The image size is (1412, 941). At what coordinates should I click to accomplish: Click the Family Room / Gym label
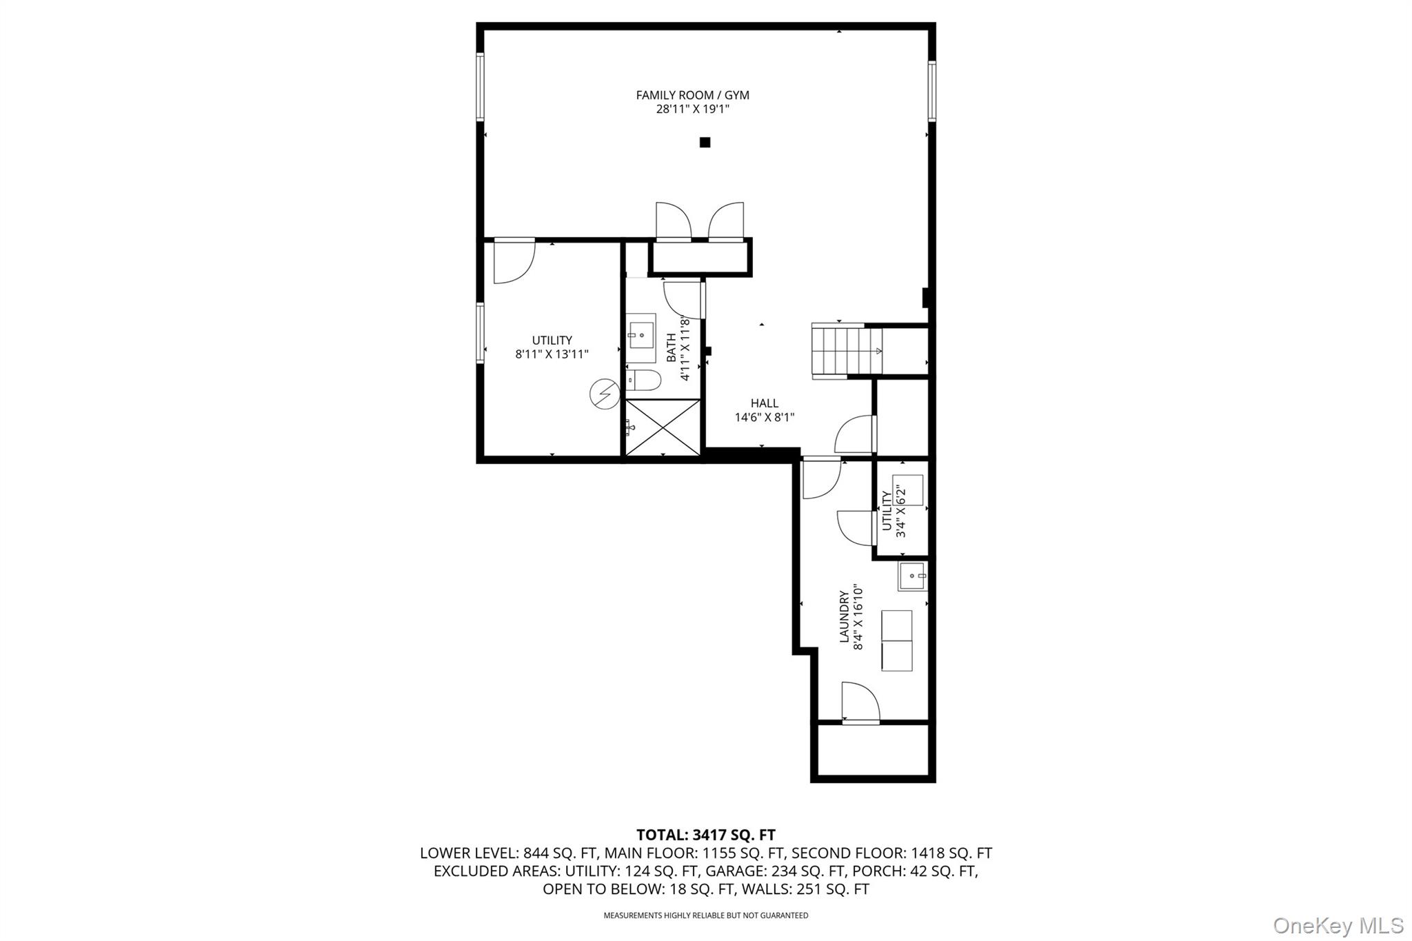click(692, 95)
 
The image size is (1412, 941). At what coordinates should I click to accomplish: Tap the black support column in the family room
click(705, 143)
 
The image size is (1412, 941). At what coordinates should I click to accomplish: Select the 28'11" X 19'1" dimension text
click(692, 109)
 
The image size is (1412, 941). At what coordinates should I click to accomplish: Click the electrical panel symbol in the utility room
click(605, 394)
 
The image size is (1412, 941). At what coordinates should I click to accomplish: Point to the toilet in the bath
click(644, 380)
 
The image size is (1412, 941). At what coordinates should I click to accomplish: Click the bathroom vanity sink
click(641, 338)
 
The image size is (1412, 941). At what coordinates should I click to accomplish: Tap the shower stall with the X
click(662, 427)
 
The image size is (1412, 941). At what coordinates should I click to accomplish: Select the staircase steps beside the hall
click(847, 350)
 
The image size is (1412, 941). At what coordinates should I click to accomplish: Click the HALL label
click(765, 403)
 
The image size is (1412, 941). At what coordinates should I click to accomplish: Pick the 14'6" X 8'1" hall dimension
click(765, 417)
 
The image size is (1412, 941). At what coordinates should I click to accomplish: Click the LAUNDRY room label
click(844, 616)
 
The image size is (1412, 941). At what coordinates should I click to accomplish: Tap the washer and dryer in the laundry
click(896, 640)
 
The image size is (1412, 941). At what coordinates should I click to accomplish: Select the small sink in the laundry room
click(912, 576)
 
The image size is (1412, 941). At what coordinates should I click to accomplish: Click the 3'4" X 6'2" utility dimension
click(900, 511)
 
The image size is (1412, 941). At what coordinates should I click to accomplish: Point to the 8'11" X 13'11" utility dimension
click(552, 354)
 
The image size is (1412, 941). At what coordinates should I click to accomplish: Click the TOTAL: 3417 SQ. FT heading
click(706, 836)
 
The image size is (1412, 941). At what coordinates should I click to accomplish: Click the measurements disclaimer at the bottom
click(706, 915)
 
